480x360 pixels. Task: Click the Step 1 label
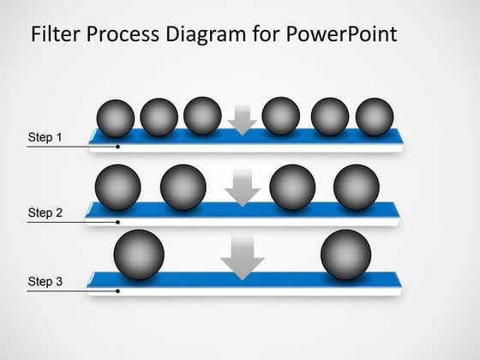[45, 137]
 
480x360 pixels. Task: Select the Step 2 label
[45, 213]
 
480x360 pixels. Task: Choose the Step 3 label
[45, 281]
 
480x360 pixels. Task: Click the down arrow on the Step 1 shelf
[243, 121]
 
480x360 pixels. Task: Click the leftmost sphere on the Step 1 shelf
[117, 118]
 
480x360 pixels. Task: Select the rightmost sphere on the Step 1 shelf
[373, 117]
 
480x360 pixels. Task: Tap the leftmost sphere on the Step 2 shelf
[118, 187]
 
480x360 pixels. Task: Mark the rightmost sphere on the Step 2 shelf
[356, 187]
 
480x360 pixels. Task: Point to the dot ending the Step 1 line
[117, 147]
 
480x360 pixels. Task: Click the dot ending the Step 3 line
[117, 291]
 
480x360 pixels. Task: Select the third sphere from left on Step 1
[202, 116]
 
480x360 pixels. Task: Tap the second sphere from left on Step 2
[183, 187]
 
